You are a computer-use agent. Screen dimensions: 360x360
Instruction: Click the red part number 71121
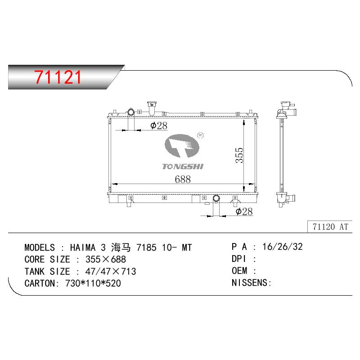tap(58, 77)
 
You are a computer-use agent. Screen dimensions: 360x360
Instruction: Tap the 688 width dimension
tap(183, 179)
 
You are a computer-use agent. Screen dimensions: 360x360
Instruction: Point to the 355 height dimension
tap(239, 155)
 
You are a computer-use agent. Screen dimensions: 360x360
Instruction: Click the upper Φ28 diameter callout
tap(159, 126)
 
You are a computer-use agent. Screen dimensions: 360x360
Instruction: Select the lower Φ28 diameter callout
tap(244, 211)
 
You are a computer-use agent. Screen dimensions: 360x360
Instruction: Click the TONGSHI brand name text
tap(183, 166)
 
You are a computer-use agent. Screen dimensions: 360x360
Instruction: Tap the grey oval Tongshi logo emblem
tap(182, 146)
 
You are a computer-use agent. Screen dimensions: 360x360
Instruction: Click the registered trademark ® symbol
tap(200, 135)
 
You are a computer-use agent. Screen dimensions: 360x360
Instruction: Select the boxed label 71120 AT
tap(330, 227)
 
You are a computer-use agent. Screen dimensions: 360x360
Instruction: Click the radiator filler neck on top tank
tap(152, 108)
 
